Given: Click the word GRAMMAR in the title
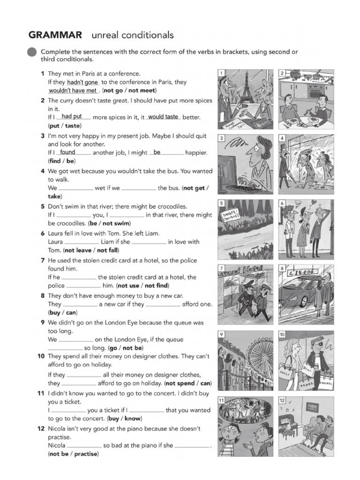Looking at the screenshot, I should [55, 35].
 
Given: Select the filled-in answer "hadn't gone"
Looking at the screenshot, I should [82, 82].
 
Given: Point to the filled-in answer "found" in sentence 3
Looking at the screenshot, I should [67, 152].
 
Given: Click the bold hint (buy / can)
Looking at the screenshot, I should [63, 312].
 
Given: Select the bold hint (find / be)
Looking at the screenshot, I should [63, 161].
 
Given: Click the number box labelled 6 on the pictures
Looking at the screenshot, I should [282, 203].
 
